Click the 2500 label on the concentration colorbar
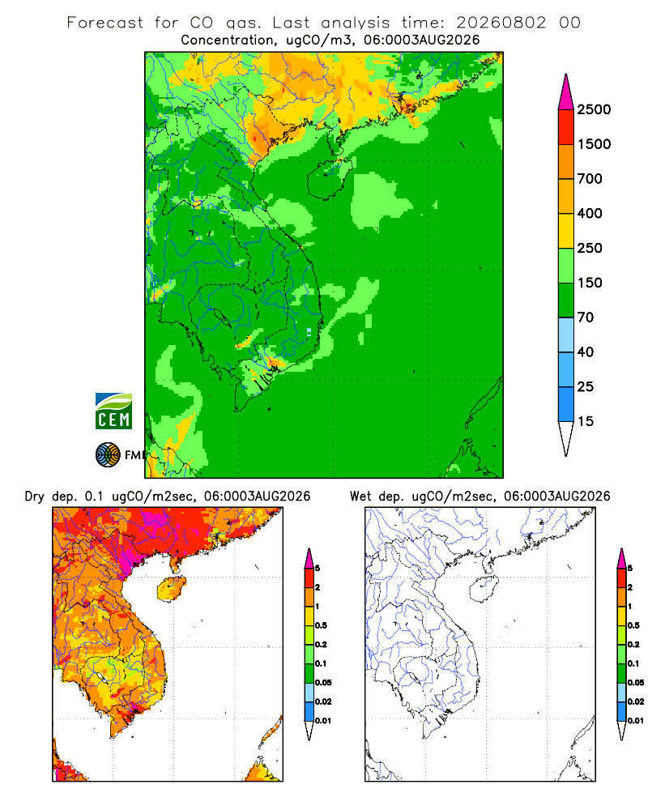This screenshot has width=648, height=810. point(594,109)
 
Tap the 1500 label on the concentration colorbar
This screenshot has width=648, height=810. point(594,144)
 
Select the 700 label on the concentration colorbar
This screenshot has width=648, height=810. point(590,179)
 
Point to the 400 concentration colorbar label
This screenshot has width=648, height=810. point(590,213)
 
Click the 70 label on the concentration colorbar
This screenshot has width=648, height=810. point(586,318)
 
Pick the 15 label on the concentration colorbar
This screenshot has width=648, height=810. point(586,421)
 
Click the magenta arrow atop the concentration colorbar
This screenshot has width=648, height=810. point(566,92)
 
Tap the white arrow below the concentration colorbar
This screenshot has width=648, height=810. point(566,438)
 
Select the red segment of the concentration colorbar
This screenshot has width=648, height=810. point(566,127)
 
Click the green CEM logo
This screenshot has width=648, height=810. point(113,411)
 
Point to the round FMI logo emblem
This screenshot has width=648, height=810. point(108,455)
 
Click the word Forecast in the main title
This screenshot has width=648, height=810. point(105,23)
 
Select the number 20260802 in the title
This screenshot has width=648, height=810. point(501,23)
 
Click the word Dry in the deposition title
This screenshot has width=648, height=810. point(35,497)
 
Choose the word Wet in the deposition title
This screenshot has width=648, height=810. point(360,497)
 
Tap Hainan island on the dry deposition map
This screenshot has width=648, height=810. point(171,589)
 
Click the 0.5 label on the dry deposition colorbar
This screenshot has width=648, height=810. point(321,625)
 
